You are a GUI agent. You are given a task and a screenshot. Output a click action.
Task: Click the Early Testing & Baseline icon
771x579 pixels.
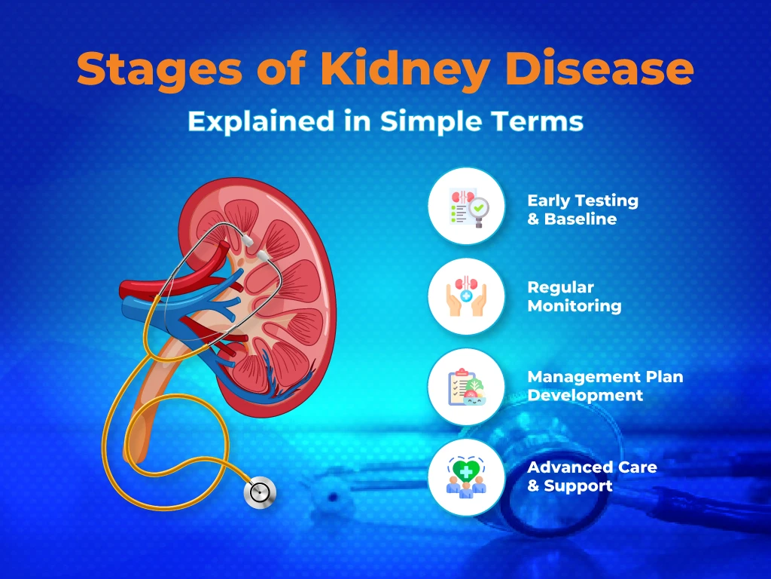tap(465, 206)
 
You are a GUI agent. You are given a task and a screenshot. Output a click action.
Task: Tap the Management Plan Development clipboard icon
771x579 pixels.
tap(465, 387)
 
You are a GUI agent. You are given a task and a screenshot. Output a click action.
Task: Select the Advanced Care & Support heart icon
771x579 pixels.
tap(465, 477)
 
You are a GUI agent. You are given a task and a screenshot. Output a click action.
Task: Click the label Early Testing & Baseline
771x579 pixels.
tap(582, 210)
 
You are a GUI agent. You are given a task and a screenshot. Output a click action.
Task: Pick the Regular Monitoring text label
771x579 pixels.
tap(574, 297)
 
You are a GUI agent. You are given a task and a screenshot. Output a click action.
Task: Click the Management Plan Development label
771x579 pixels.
tap(605, 386)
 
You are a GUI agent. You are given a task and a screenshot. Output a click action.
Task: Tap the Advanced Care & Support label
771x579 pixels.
tap(591, 476)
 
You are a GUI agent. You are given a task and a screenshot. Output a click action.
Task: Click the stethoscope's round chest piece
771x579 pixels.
tap(260, 493)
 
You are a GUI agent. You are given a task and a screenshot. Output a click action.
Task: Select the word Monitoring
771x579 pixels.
tap(574, 306)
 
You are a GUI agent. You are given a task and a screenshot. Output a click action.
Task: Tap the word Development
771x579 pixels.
tap(585, 395)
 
